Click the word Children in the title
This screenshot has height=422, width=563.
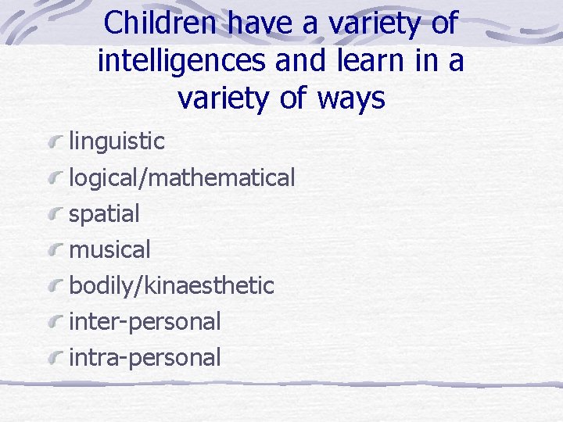[161, 23]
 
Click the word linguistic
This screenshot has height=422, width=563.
[117, 141]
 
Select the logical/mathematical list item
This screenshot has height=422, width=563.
[182, 178]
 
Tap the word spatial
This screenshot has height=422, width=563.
[105, 213]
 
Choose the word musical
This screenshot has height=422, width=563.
[110, 250]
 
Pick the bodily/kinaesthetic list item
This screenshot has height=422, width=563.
[172, 286]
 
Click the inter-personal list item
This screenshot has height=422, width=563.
[145, 321]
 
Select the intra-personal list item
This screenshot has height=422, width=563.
[145, 358]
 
